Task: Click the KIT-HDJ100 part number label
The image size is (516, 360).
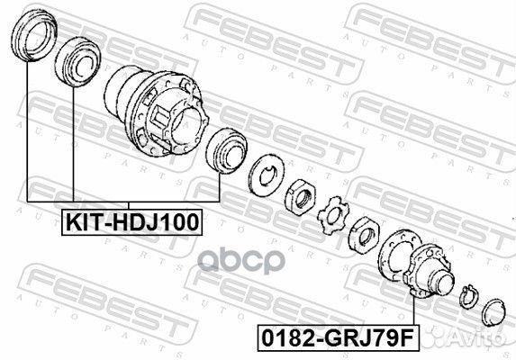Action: [x=131, y=220]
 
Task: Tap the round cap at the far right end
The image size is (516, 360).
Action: [x=492, y=312]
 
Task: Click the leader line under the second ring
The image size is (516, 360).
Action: [x=69, y=144]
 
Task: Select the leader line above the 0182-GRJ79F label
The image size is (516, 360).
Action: [x=412, y=310]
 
